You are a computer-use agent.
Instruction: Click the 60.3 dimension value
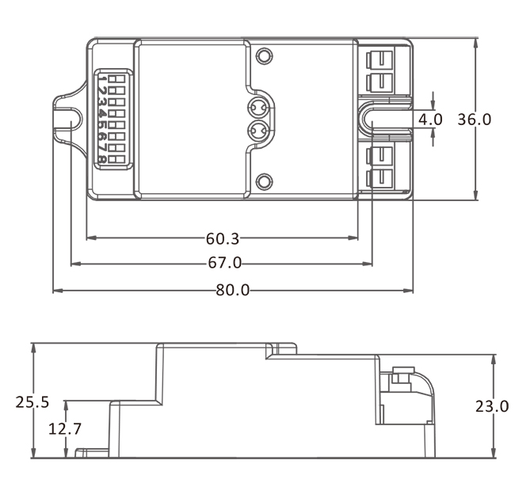[223, 238]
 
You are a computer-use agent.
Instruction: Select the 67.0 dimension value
[225, 263]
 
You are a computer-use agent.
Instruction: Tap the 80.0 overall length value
[232, 291]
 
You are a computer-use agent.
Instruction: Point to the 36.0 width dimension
[475, 120]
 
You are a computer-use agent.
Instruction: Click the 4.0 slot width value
[430, 120]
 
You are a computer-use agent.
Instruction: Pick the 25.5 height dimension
[32, 402]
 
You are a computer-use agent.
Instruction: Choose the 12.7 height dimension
[65, 428]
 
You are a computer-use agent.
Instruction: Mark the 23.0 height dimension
[492, 407]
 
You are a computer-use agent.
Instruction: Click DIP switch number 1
[116, 79]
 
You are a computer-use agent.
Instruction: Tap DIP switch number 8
[116, 160]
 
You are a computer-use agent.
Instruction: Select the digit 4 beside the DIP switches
[102, 113]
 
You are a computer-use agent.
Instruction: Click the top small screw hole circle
[264, 56]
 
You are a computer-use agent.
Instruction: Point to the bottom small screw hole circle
[264, 182]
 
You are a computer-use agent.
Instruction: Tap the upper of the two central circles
[257, 107]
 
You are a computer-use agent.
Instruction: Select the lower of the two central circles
[257, 131]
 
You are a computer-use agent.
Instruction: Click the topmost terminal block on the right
[380, 60]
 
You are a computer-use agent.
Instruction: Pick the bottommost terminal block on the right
[380, 179]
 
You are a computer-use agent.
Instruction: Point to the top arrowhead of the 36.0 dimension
[475, 42]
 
